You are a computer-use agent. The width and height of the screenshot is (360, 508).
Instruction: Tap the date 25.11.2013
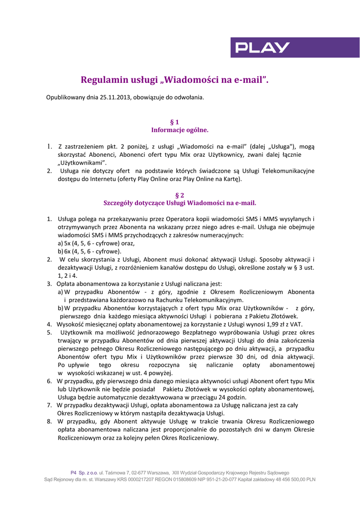pyautogui.click(x=116, y=97)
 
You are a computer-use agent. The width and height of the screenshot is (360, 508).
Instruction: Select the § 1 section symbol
pyautogui.click(x=174, y=122)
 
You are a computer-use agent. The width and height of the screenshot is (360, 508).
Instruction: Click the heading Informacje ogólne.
pyautogui.click(x=180, y=130)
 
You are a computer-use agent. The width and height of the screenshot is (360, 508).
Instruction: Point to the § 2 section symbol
pyautogui.click(x=180, y=195)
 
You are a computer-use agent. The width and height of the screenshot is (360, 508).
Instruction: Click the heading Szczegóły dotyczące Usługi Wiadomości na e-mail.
pyautogui.click(x=180, y=203)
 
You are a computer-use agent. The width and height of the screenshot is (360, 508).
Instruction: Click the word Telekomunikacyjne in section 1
pyautogui.click(x=288, y=171)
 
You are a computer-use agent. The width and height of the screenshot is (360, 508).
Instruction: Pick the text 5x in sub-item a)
pyautogui.click(x=68, y=244)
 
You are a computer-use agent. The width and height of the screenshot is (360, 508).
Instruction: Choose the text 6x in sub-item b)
pyautogui.click(x=68, y=252)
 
